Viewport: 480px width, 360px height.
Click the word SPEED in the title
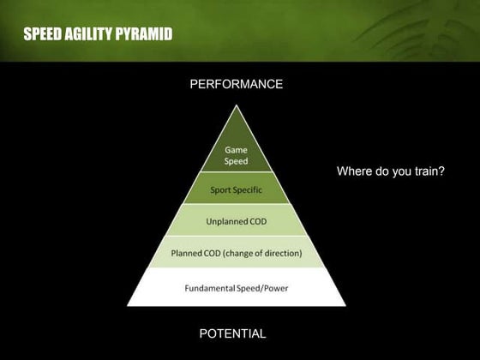tap(43, 34)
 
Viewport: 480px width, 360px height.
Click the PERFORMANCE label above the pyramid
tap(236, 84)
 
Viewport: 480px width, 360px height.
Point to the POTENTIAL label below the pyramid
tap(232, 333)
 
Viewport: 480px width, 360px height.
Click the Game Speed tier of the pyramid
tap(236, 154)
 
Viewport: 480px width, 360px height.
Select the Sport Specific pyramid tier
tap(236, 189)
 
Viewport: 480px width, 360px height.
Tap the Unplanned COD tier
tap(236, 221)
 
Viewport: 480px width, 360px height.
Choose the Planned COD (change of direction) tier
tap(236, 253)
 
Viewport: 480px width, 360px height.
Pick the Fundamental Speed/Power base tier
tap(236, 287)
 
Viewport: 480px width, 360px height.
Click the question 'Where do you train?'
tap(391, 171)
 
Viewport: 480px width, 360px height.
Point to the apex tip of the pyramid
tap(236, 106)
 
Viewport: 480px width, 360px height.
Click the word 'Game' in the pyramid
tap(236, 149)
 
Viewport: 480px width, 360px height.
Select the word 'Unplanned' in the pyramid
tap(226, 221)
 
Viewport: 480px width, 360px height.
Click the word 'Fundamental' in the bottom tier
tap(211, 287)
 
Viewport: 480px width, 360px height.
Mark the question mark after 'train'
tap(441, 171)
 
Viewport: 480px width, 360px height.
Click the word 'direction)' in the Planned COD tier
tap(279, 253)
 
